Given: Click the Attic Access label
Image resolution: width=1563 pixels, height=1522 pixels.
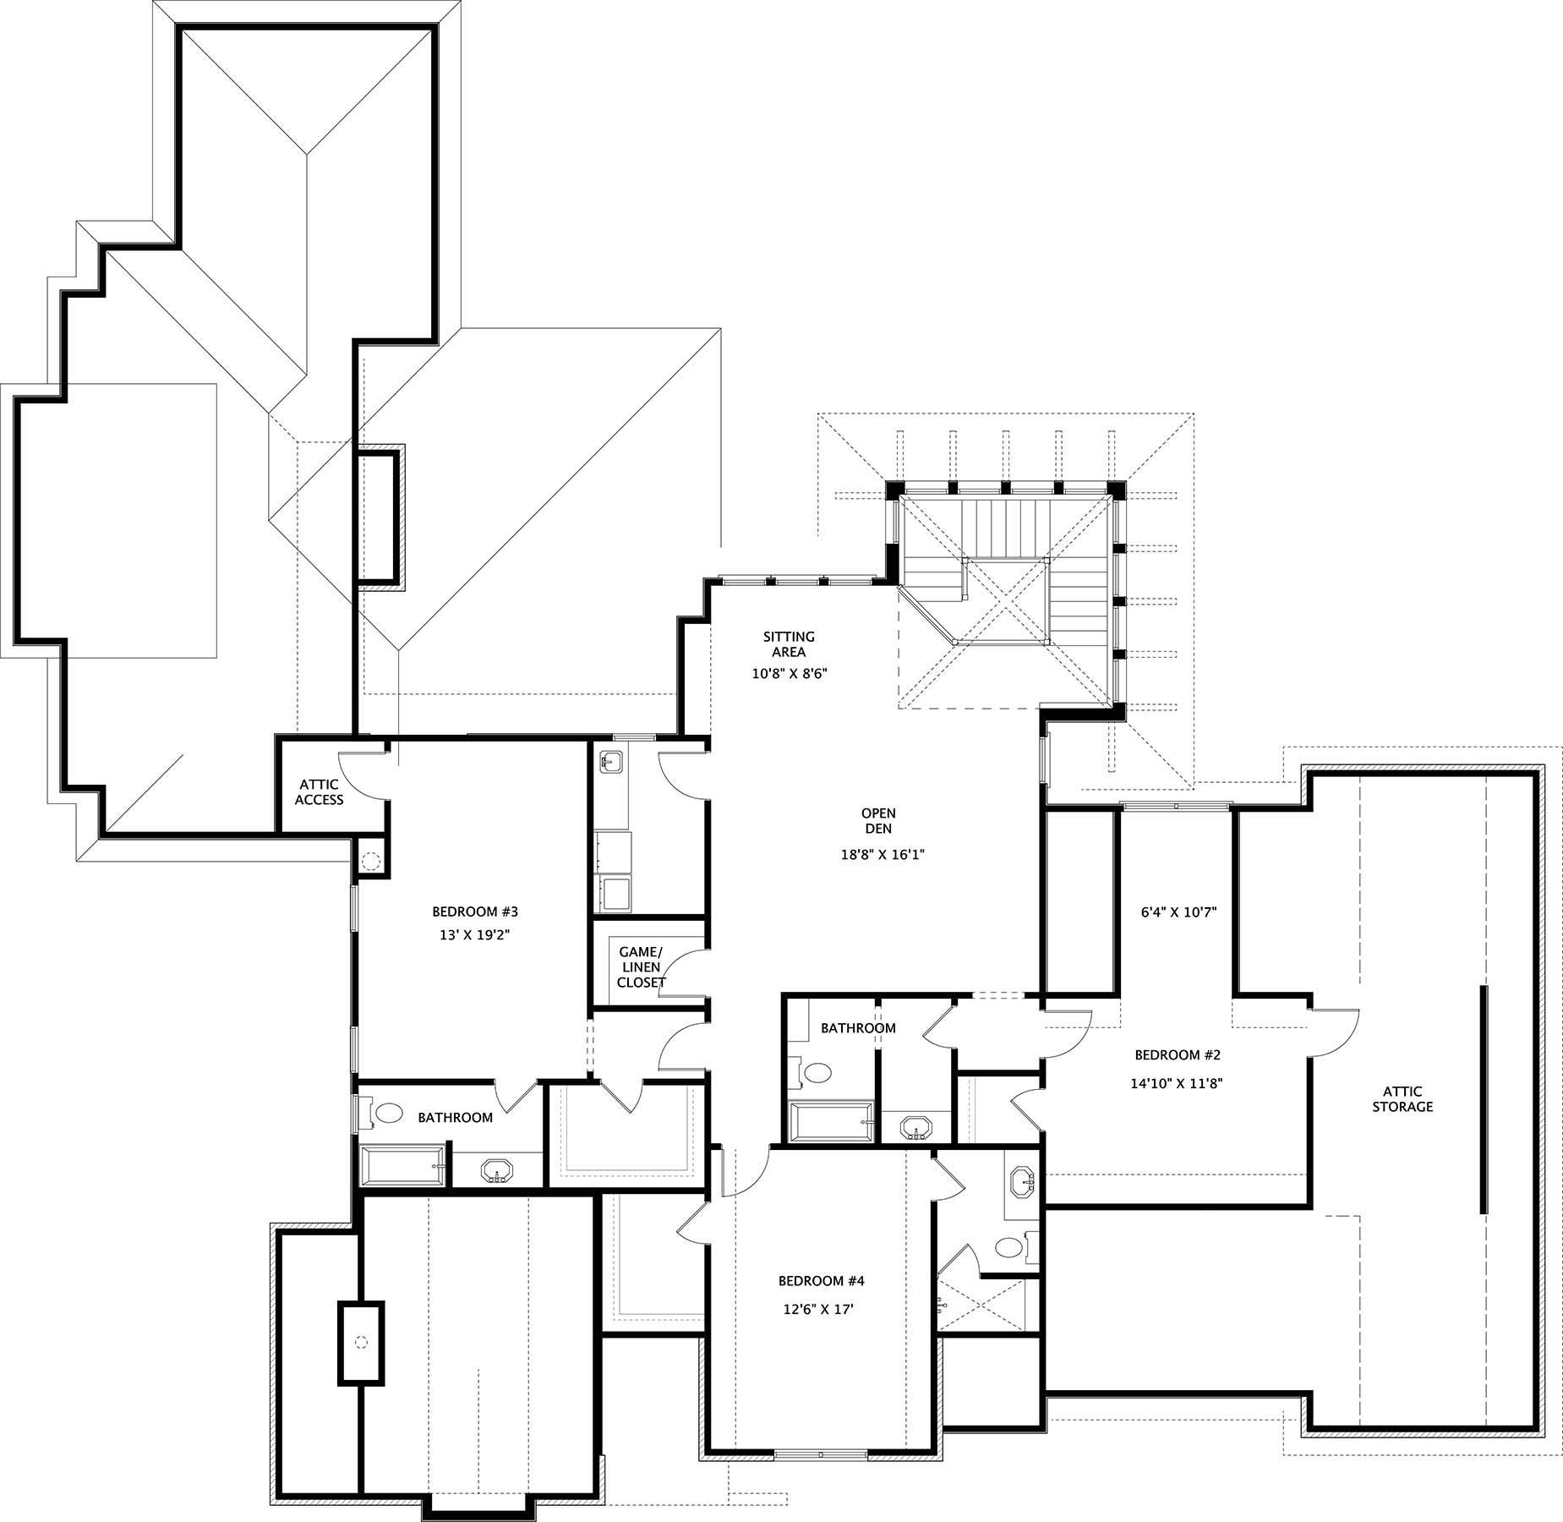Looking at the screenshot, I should (319, 792).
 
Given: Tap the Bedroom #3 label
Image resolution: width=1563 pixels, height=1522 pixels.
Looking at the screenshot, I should (474, 912).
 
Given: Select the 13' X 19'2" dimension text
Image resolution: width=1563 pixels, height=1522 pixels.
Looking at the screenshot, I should (474, 935).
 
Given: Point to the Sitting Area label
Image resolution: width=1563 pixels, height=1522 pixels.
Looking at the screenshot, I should (789, 644).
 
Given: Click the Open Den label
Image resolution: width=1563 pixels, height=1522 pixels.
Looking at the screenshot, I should (878, 821).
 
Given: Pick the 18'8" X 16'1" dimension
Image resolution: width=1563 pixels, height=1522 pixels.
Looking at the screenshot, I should (883, 854).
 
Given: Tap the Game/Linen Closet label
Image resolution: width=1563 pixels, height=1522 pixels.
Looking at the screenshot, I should (642, 967).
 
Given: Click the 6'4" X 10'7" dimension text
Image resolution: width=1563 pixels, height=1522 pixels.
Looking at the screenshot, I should (1178, 912).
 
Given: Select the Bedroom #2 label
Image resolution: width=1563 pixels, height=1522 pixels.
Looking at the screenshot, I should (1178, 1054).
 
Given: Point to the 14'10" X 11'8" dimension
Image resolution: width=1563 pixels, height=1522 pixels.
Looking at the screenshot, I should (1178, 1082).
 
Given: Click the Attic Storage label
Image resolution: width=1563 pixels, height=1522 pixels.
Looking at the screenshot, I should (1402, 1098).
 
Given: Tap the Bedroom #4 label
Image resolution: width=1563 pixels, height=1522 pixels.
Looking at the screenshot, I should (821, 1281).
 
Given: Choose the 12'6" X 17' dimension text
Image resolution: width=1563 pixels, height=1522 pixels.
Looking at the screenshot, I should (818, 1310).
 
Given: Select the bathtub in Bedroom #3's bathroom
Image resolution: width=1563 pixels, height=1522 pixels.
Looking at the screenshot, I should (402, 1166).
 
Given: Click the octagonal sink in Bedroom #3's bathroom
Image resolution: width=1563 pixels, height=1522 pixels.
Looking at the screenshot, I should (497, 1171).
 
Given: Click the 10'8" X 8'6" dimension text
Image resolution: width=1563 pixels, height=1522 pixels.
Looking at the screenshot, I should (789, 674).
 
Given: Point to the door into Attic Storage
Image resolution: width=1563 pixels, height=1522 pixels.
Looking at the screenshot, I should (1334, 1033).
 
